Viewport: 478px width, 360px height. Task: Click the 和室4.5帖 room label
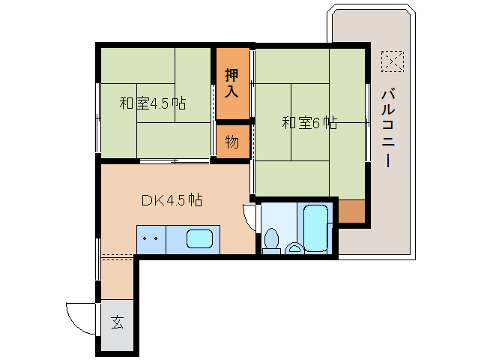tap(153, 103)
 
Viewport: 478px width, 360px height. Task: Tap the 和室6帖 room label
tap(309, 122)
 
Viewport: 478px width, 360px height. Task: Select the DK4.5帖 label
tap(172, 200)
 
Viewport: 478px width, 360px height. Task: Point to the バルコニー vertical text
tap(388, 127)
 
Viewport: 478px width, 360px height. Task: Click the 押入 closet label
tap(232, 83)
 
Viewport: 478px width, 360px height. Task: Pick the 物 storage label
tap(232, 141)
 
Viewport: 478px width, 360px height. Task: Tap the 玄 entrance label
tap(118, 323)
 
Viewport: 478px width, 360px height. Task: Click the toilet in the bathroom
tap(271, 240)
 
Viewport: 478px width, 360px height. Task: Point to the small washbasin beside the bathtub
tap(295, 247)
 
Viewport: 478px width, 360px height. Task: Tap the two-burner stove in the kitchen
tap(151, 240)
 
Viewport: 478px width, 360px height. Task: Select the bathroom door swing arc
tap(248, 217)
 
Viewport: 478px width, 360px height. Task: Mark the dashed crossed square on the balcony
tap(391, 60)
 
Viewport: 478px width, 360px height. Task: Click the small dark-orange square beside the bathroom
tap(352, 212)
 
